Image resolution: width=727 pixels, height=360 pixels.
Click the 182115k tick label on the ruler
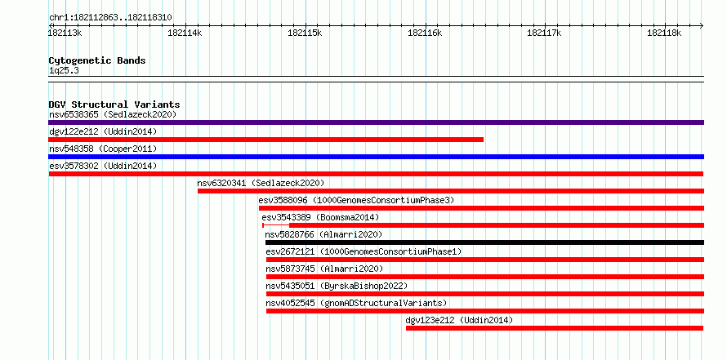click(305, 33)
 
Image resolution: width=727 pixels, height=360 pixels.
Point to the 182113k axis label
click(65, 33)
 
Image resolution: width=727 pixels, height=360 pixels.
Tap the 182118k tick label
click(664, 33)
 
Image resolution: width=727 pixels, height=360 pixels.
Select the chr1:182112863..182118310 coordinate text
click(111, 18)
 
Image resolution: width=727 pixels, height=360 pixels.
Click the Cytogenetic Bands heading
click(97, 60)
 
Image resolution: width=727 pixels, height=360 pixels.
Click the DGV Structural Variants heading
click(114, 104)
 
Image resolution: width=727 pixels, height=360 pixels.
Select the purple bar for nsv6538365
click(376, 122)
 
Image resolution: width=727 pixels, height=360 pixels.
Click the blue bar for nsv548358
click(376, 157)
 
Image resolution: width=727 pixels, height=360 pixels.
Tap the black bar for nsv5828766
click(484, 242)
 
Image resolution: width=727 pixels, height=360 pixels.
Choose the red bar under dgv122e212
click(265, 140)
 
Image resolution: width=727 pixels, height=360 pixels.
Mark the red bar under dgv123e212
click(555, 328)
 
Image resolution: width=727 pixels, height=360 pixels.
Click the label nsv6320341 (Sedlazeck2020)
click(261, 183)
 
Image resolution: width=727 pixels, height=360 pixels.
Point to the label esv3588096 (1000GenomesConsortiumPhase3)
click(356, 200)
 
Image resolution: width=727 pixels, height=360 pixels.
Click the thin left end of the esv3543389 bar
click(263, 225)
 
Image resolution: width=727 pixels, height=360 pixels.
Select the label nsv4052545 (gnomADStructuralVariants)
click(356, 303)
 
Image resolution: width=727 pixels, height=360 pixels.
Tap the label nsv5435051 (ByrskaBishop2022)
click(337, 286)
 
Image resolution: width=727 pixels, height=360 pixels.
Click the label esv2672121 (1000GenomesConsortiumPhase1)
click(364, 251)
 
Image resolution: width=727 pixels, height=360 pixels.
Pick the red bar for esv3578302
click(376, 174)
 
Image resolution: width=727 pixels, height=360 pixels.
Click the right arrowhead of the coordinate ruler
click(702, 25)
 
